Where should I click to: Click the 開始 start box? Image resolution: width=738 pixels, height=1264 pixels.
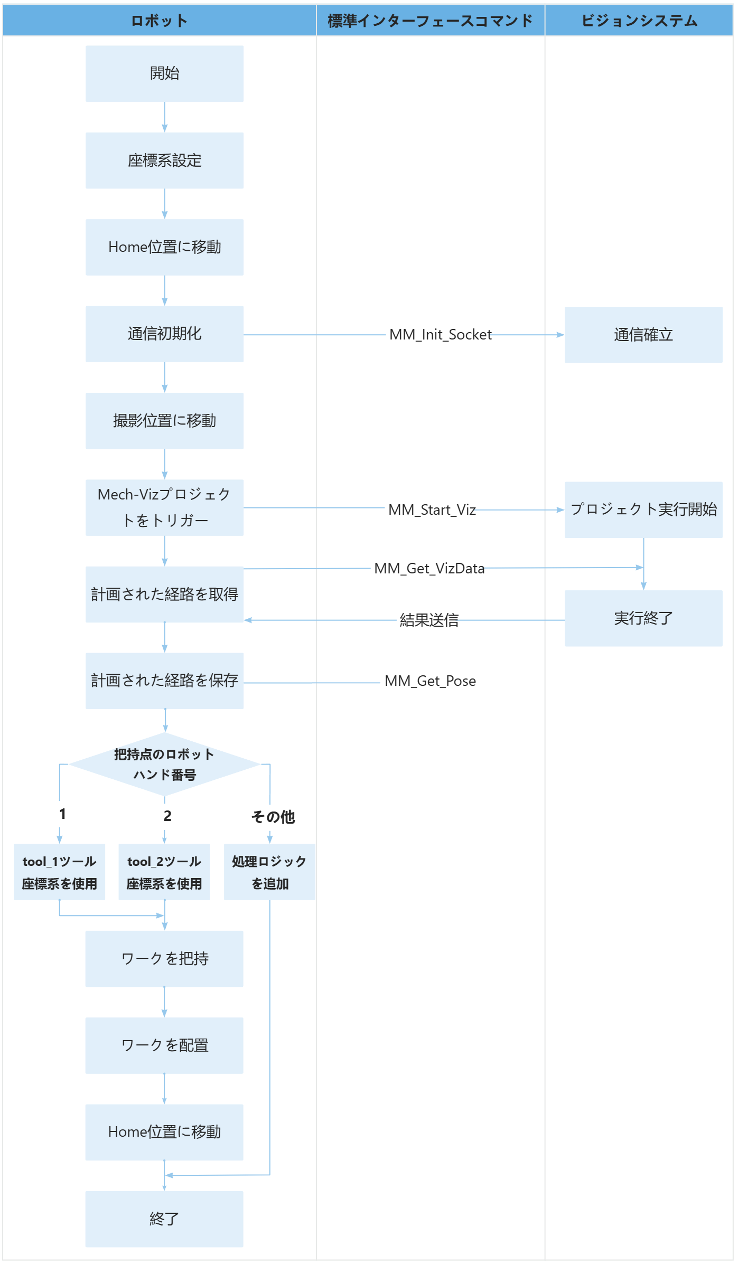[164, 73]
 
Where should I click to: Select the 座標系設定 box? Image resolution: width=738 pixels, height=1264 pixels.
[164, 161]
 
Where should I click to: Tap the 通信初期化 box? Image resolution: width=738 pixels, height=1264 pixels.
[164, 334]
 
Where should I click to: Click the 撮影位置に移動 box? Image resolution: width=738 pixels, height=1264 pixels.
[164, 421]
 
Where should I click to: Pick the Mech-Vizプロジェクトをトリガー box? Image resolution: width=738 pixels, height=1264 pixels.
[164, 507]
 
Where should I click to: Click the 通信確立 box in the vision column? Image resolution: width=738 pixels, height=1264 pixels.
[643, 335]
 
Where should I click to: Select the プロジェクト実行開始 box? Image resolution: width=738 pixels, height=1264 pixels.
[643, 510]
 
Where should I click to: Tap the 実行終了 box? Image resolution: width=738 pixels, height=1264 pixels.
[643, 618]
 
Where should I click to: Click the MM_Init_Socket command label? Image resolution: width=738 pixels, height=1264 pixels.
[440, 335]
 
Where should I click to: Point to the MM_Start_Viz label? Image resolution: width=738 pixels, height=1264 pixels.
[432, 510]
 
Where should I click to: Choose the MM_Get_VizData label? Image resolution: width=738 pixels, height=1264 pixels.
[429, 569]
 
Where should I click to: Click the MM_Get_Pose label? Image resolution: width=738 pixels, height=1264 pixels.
[430, 681]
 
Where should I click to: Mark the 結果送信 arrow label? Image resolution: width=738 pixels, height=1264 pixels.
[429, 620]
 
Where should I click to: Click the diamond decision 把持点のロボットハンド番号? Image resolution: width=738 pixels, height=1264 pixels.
[164, 764]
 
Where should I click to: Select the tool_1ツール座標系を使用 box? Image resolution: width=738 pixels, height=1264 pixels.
[59, 872]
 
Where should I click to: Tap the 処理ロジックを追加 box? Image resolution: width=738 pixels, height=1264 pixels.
[269, 872]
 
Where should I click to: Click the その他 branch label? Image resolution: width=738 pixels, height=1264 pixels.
[273, 817]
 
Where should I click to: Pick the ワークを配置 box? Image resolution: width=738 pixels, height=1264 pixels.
[164, 1045]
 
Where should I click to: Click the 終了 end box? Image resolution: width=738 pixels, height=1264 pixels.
[164, 1219]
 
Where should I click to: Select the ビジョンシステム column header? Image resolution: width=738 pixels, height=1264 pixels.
[639, 21]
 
